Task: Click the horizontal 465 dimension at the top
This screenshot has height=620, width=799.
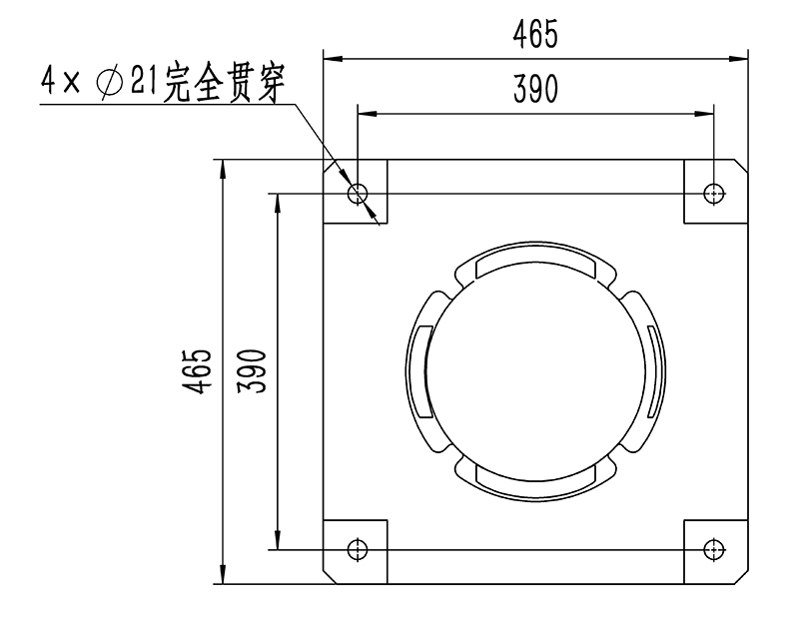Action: click(x=535, y=35)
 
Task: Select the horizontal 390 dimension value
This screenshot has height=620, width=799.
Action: click(x=535, y=90)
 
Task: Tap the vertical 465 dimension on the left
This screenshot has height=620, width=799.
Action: click(x=199, y=370)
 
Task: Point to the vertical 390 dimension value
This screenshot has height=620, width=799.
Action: click(x=253, y=370)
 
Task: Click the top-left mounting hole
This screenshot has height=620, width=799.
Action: click(x=358, y=192)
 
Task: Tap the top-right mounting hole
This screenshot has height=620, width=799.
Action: click(x=713, y=192)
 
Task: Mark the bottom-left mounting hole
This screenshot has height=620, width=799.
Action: click(x=358, y=548)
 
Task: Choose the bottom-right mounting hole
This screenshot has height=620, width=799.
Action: click(x=713, y=548)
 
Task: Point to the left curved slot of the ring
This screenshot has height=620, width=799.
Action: click(x=420, y=370)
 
